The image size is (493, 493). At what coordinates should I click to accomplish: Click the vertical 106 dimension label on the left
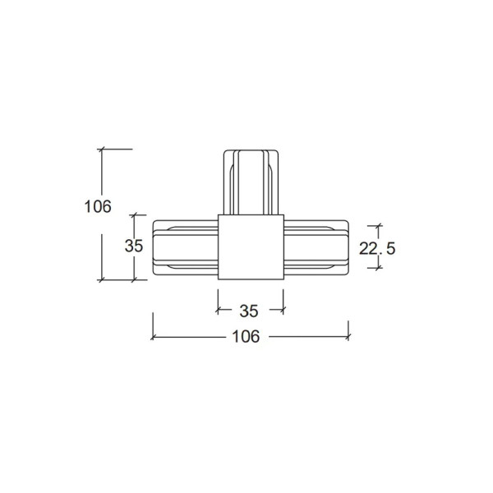98,206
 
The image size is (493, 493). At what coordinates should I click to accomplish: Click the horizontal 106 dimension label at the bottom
246,336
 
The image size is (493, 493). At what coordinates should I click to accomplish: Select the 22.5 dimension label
377,249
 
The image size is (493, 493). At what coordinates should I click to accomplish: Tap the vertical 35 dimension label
134,246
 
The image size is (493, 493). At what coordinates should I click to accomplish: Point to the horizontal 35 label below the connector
249,311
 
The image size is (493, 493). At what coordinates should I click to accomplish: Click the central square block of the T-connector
251,247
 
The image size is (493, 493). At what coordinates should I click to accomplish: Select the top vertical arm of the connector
251,182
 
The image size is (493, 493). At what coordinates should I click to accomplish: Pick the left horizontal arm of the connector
186,247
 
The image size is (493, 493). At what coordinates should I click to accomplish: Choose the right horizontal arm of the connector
316,247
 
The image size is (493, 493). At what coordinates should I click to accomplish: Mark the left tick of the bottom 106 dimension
153,338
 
